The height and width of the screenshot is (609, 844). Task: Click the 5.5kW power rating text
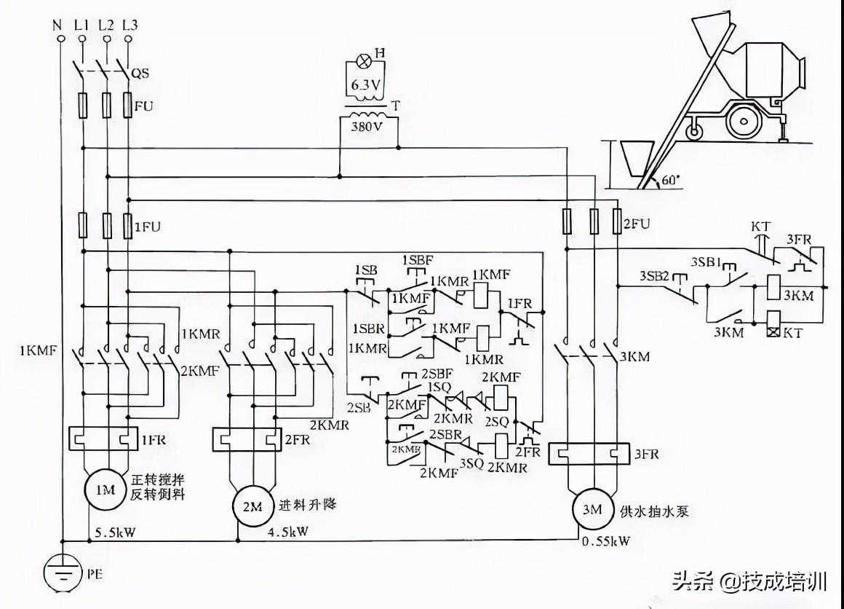click(114, 533)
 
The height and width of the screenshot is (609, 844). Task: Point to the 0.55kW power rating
click(606, 541)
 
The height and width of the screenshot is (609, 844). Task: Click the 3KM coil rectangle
click(775, 286)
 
